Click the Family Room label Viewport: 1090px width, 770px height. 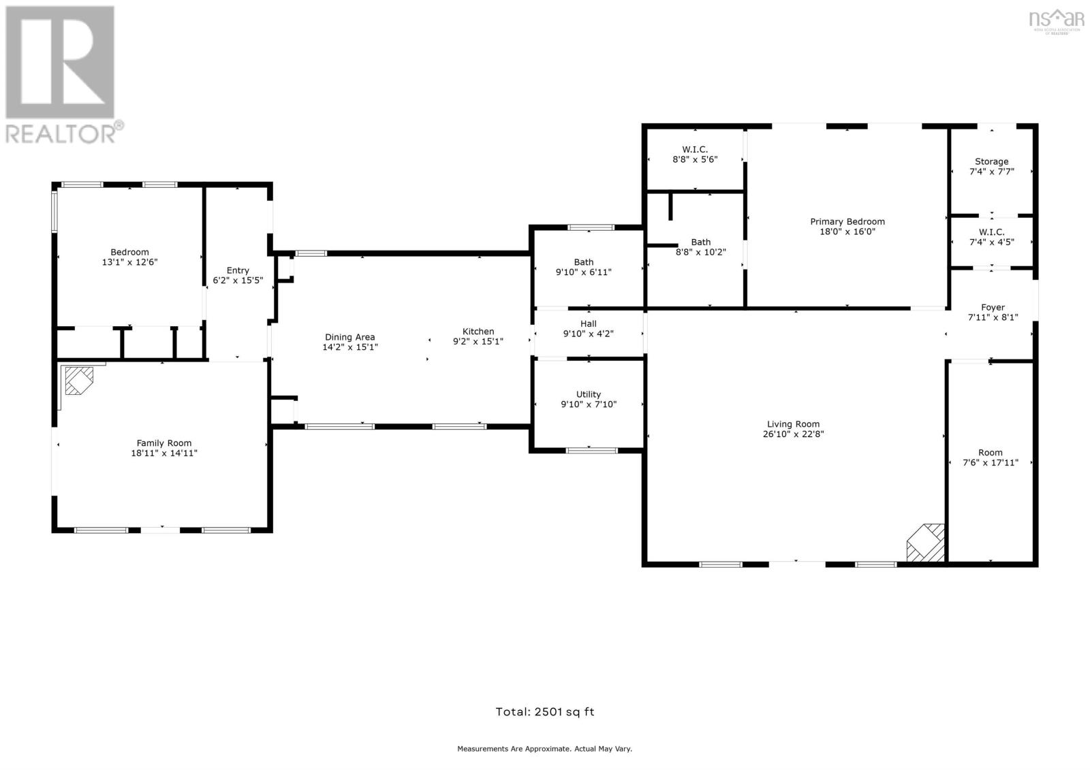pos(164,443)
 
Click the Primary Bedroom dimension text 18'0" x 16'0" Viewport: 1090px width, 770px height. pos(847,231)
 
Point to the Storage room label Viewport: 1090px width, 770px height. pos(991,162)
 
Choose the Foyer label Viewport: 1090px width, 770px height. pos(993,308)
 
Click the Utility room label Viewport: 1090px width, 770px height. pos(589,394)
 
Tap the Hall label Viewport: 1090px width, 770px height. pos(589,324)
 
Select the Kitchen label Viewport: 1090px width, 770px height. pos(478,332)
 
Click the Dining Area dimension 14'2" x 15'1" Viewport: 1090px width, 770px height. pos(350,347)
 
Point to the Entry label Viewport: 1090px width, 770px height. pos(238,271)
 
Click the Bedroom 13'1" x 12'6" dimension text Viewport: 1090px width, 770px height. pos(129,262)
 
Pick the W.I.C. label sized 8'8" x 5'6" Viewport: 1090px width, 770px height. pos(695,150)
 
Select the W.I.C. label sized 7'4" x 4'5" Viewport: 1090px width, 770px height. pos(991,232)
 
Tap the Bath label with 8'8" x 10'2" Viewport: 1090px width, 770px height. pos(700,242)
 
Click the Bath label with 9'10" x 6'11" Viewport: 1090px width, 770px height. pos(584,262)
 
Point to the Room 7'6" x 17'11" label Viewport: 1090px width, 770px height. pos(991,453)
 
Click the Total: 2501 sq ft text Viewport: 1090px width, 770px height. pos(545,712)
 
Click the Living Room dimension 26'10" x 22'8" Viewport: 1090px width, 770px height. pos(793,434)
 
